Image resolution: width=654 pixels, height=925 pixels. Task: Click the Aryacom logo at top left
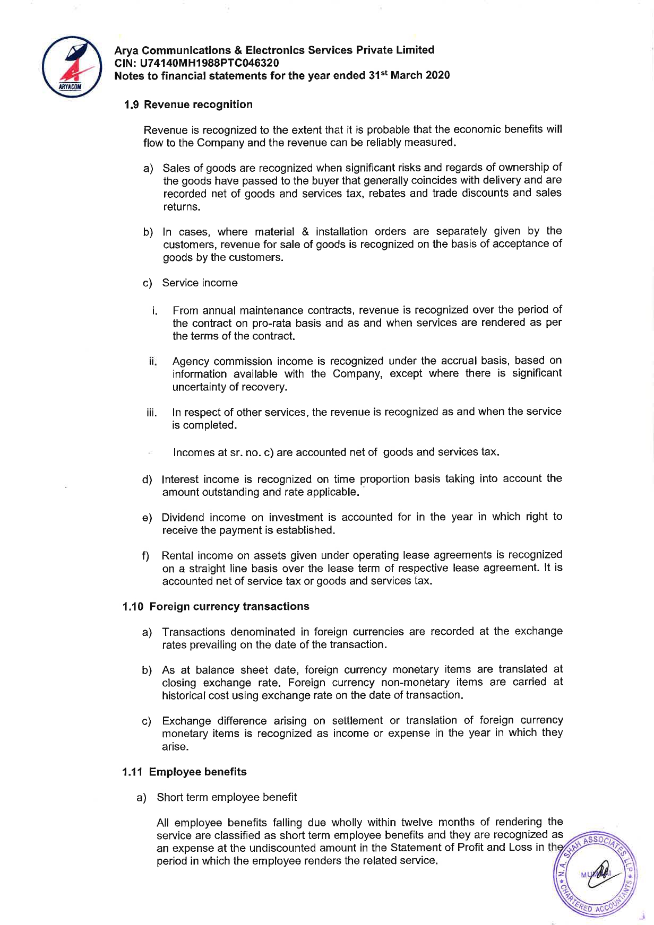tap(72, 66)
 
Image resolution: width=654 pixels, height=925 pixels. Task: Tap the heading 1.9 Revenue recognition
tap(188, 104)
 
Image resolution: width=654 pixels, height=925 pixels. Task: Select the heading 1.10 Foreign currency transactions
tap(216, 606)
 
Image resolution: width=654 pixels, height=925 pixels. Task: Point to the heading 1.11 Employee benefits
tap(185, 772)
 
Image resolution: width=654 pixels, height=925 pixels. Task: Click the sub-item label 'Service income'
tap(200, 283)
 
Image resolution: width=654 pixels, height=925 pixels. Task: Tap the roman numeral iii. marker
tap(152, 413)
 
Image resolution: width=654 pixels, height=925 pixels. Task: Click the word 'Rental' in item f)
tap(177, 555)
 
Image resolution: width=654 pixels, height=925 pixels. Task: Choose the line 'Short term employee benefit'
tap(227, 797)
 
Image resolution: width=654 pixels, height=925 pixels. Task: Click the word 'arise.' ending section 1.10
tap(175, 747)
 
